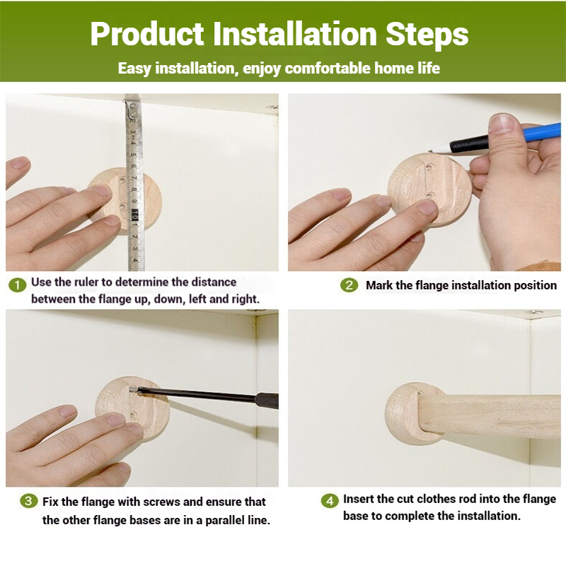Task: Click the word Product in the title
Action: tap(147, 34)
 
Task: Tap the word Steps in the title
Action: tap(427, 34)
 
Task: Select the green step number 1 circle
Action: tap(17, 285)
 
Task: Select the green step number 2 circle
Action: tap(349, 285)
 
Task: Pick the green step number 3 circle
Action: tap(29, 501)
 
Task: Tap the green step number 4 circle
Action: tap(330, 501)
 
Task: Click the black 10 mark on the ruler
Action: tap(134, 215)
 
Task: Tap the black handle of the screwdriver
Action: tap(267, 400)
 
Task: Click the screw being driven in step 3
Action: tap(133, 390)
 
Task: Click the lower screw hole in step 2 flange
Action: tap(429, 196)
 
